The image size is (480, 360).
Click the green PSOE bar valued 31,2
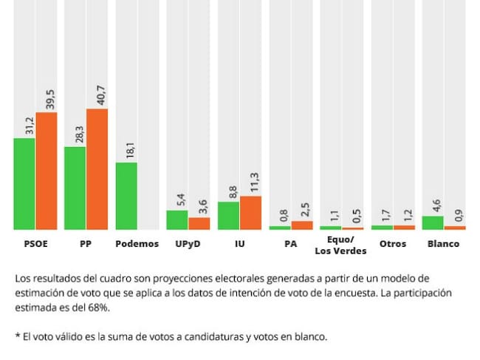click(x=24, y=183)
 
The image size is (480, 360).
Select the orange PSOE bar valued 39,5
click(x=47, y=170)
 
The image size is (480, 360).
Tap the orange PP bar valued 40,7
click(x=97, y=169)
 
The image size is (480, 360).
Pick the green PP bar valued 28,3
click(x=75, y=188)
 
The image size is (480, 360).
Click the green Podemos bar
click(x=126, y=195)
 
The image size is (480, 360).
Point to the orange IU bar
click(x=250, y=212)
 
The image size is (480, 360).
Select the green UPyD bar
click(x=177, y=220)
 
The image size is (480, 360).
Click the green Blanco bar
click(x=433, y=222)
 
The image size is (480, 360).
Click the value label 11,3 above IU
click(x=255, y=180)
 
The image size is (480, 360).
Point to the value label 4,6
click(x=436, y=202)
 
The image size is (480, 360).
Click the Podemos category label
click(x=137, y=244)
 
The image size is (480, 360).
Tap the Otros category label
click(x=392, y=244)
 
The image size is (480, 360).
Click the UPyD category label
click(x=188, y=244)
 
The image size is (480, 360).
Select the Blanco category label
click(x=443, y=244)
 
